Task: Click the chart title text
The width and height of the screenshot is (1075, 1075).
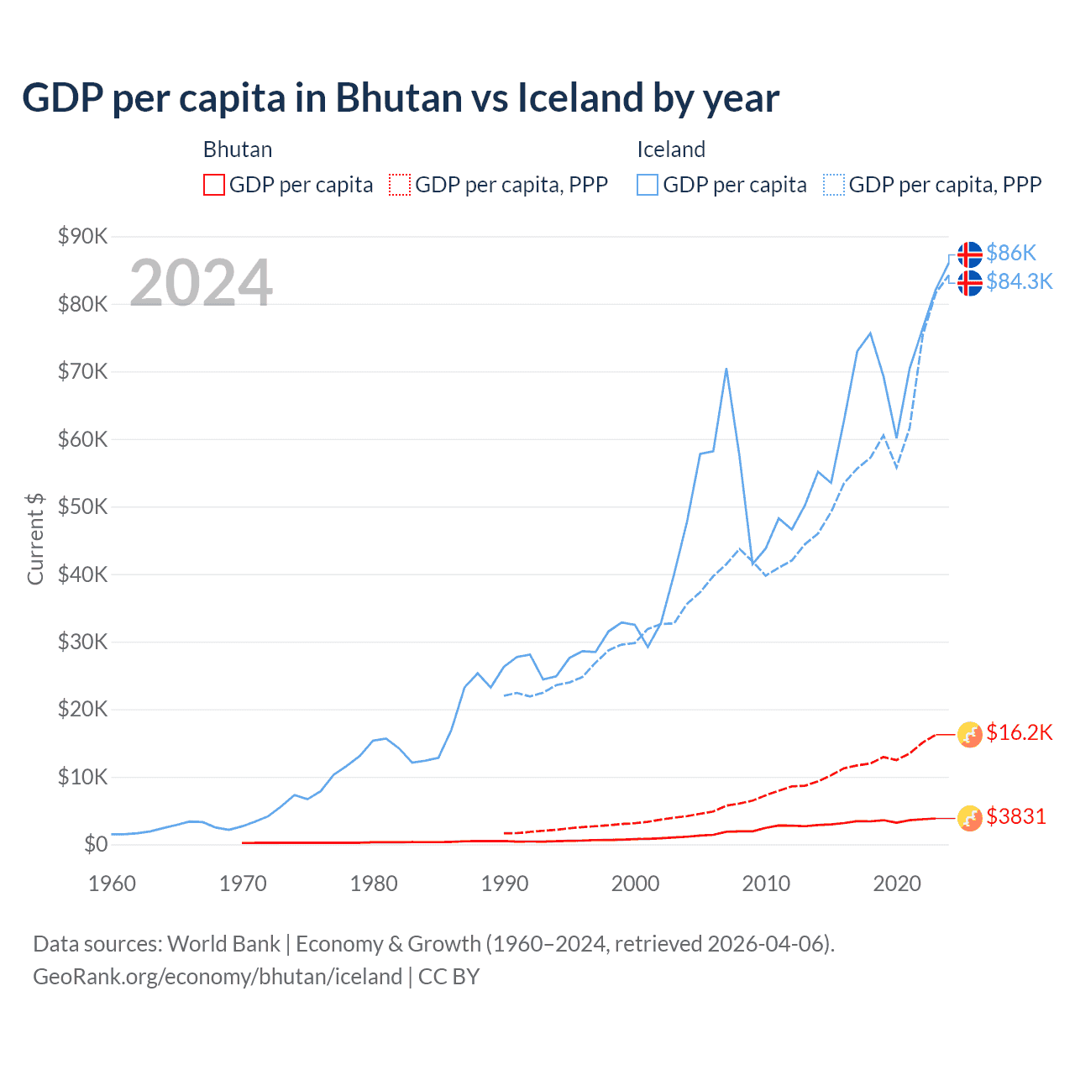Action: point(401,98)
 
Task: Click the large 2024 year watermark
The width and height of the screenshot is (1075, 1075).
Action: point(201,283)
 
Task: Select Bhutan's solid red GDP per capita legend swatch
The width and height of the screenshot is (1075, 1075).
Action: point(214,185)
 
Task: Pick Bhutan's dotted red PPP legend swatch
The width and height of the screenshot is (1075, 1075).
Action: point(400,185)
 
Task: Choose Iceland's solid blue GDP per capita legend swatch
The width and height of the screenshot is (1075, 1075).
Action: point(648,185)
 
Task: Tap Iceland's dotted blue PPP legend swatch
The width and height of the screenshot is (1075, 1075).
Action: point(834,185)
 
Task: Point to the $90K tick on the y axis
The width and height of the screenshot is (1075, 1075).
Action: point(82,236)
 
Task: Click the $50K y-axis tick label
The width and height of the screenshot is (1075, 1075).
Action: point(82,506)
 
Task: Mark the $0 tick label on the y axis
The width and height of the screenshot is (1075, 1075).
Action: point(96,844)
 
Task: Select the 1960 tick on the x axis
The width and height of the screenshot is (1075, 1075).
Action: point(112,884)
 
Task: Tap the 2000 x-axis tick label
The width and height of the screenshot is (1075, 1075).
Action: point(635,884)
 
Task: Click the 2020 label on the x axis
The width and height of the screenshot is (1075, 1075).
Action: point(897,884)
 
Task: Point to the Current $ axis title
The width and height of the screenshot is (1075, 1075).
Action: point(35,539)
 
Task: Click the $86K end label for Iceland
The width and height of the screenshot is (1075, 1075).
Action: point(1011,253)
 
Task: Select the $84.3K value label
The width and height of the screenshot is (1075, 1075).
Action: point(1019,281)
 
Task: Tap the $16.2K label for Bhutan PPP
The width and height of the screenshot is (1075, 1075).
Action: point(1019,732)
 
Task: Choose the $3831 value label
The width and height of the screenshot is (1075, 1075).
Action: point(1016,816)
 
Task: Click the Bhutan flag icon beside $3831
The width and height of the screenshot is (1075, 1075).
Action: point(970,818)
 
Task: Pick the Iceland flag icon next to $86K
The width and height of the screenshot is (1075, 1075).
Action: point(970,254)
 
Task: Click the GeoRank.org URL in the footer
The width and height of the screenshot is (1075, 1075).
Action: point(218,977)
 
